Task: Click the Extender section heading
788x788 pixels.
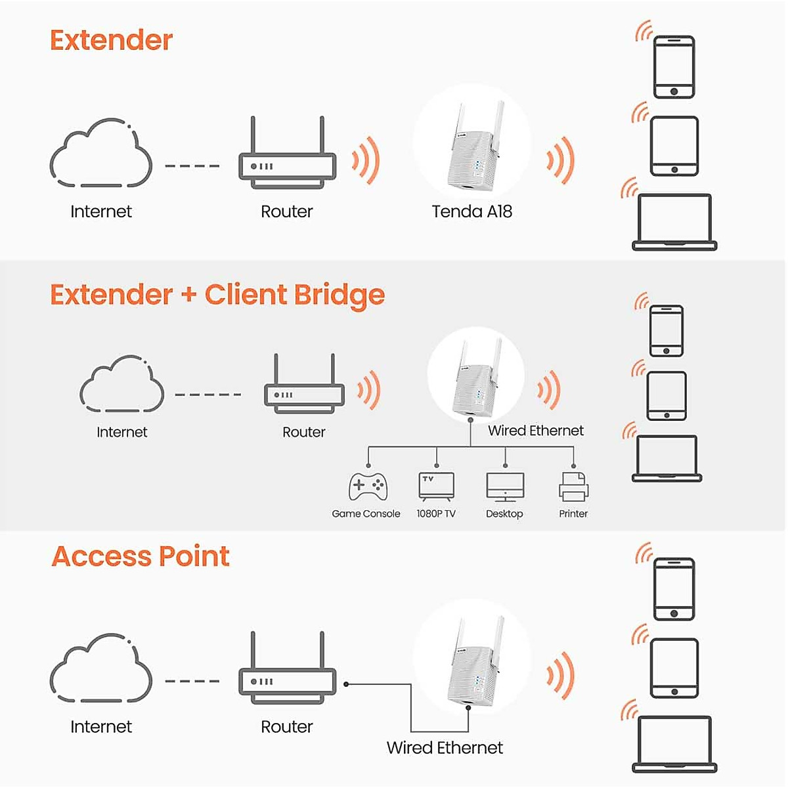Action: pos(111,41)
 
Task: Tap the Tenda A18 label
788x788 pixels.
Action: pos(471,211)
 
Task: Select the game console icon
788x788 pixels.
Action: pos(368,487)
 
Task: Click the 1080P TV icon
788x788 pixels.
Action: pos(436,487)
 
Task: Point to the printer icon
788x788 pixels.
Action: pos(573,487)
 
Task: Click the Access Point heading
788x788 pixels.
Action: pos(141,557)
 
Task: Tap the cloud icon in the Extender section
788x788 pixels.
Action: pos(100,153)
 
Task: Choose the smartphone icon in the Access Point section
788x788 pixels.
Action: pos(674,589)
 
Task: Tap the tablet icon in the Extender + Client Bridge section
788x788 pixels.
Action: pos(667,396)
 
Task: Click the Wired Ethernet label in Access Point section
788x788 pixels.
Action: pos(445,748)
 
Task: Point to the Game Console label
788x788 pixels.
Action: pos(366,514)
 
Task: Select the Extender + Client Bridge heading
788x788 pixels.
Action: pos(217,295)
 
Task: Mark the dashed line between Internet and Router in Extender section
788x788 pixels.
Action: pos(192,166)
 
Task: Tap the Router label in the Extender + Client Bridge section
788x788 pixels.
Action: pos(303,432)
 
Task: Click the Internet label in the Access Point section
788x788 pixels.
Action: pos(101,727)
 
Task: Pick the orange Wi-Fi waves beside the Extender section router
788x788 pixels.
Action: pos(366,160)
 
